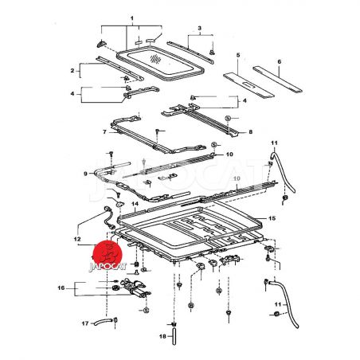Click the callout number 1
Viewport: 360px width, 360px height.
point(132,18)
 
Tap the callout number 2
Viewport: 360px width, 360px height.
point(72,71)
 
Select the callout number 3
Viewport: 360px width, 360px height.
point(199,28)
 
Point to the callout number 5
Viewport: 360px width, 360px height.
point(238,55)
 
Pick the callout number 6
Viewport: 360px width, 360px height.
point(279,61)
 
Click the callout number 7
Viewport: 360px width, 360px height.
point(104,131)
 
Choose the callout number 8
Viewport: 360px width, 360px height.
point(251,131)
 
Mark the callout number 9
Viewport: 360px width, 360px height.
point(85,174)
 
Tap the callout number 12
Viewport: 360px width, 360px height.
point(77,239)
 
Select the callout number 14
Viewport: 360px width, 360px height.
point(135,204)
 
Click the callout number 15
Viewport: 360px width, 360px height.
point(272,218)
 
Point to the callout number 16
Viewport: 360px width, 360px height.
point(61,288)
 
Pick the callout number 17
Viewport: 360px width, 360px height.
point(85,323)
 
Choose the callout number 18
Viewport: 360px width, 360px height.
point(162,336)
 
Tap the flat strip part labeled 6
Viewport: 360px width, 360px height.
point(277,79)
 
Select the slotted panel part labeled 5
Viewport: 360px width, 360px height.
point(248,85)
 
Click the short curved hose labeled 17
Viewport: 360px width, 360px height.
point(103,322)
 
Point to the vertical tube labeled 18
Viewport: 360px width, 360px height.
point(174,336)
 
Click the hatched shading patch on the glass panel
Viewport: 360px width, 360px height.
point(155,59)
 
